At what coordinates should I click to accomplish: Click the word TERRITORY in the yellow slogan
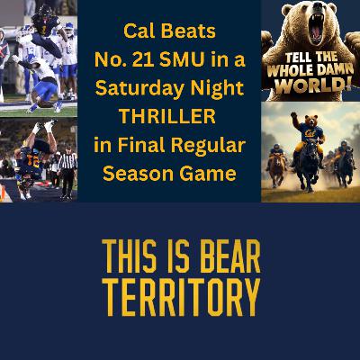point(180,294)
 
